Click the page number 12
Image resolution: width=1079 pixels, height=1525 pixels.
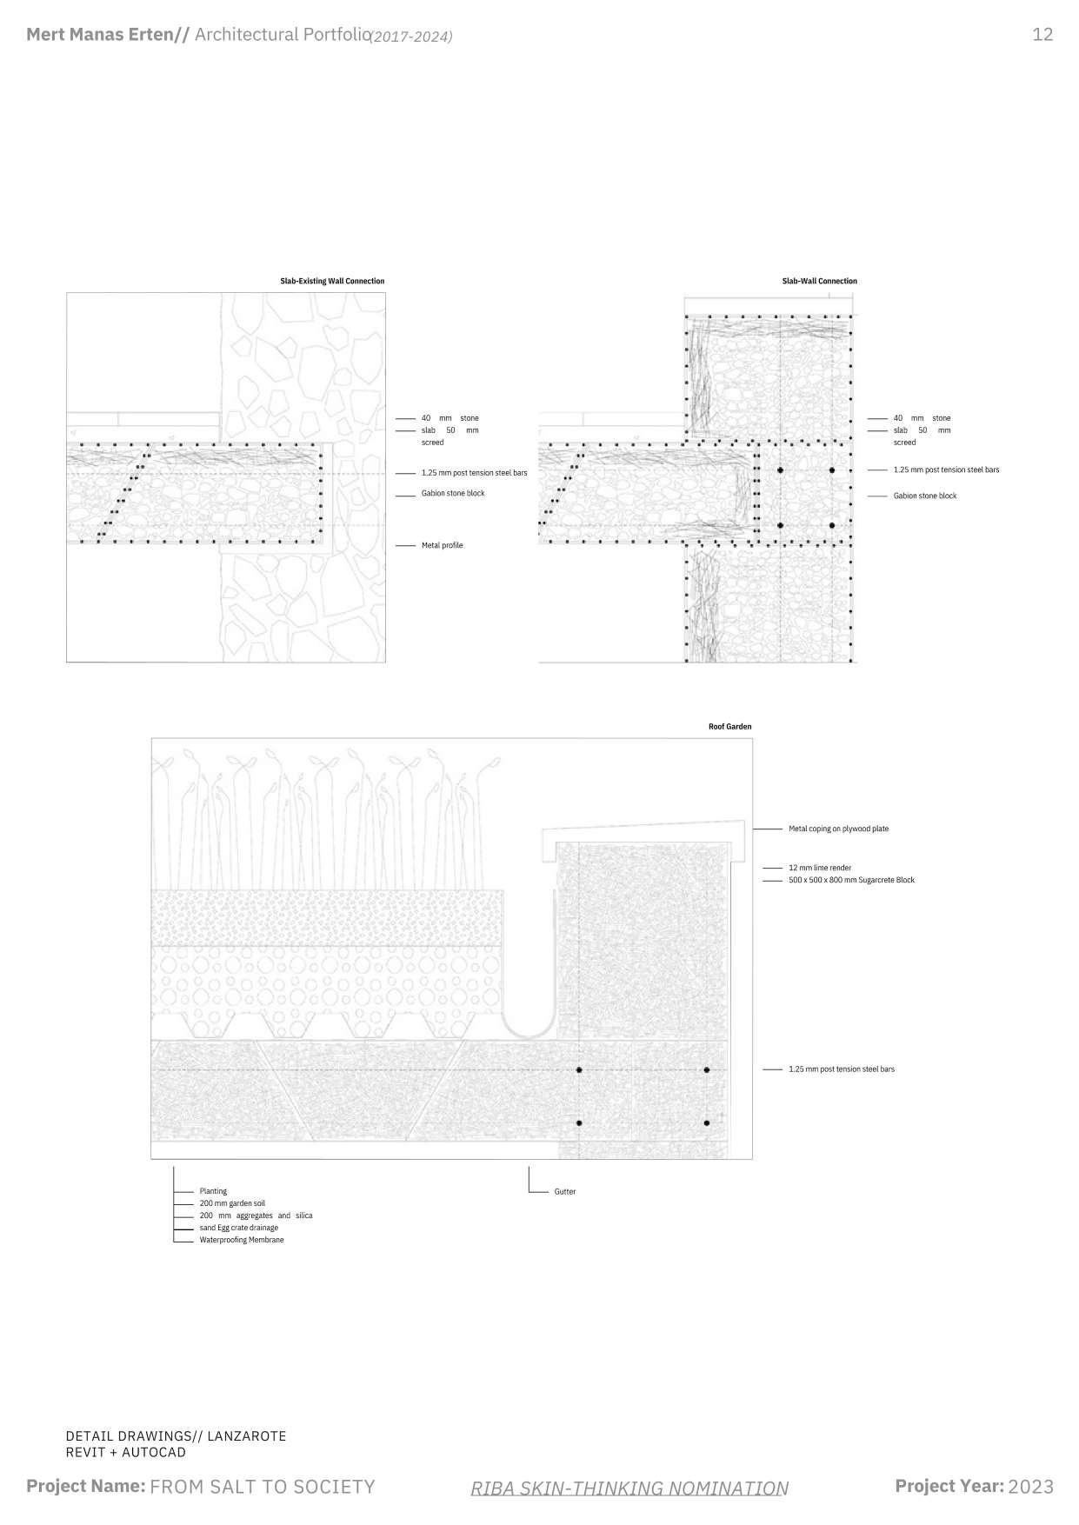[x=1042, y=35]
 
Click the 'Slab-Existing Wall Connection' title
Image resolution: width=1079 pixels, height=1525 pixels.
[x=331, y=281]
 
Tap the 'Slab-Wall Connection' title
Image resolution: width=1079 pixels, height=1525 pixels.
[x=819, y=281]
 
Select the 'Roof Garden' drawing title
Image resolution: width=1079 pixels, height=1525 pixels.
[x=729, y=726]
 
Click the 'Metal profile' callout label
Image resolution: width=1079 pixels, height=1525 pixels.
[x=442, y=545]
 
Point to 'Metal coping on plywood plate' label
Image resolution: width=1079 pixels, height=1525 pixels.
[x=838, y=829]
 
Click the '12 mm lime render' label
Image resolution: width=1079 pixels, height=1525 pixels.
[x=820, y=868]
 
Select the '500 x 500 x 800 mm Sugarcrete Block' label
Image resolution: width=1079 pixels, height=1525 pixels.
[x=851, y=880]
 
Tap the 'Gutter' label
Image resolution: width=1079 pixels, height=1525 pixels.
[x=565, y=1191]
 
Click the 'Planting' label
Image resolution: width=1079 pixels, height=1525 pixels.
[x=213, y=1191]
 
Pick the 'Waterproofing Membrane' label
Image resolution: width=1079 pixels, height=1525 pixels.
[x=242, y=1240]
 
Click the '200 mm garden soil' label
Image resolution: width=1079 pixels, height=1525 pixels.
[x=232, y=1203]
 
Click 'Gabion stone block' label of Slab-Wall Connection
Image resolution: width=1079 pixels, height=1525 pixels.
[x=924, y=496]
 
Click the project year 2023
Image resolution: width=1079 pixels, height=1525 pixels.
[x=1030, y=1487]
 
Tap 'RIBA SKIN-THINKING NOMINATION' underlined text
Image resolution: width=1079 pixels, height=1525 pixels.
[x=629, y=1488]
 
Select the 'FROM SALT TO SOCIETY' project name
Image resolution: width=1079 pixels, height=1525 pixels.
[x=263, y=1487]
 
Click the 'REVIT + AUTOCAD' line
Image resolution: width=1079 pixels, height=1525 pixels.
[x=125, y=1452]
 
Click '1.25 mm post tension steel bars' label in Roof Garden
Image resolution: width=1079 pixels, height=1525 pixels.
[x=841, y=1069]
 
